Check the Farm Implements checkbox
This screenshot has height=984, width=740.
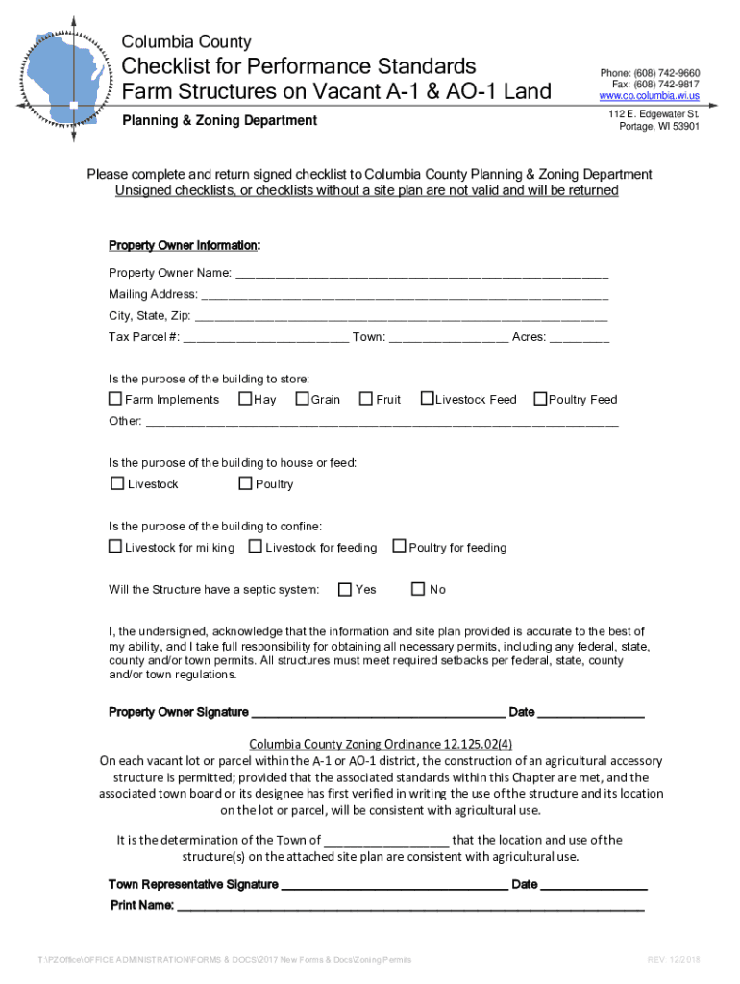[115, 399]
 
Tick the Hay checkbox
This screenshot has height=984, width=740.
[245, 399]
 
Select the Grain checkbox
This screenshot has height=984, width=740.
[302, 399]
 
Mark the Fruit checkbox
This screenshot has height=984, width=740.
[366, 399]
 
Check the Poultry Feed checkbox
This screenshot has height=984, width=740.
[540, 399]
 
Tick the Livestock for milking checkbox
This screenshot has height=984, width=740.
[115, 547]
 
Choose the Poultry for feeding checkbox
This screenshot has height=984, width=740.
[399, 547]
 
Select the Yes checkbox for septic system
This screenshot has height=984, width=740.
[345, 589]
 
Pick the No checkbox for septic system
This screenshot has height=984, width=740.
[418, 589]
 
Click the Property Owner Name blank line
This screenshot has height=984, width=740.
[422, 274]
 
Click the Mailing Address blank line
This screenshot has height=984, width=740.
[405, 295]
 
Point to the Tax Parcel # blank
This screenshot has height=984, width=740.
[266, 338]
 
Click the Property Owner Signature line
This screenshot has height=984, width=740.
[378, 714]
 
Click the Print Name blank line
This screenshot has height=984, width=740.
[410, 906]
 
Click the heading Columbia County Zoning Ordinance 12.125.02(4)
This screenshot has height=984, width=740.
[381, 744]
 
